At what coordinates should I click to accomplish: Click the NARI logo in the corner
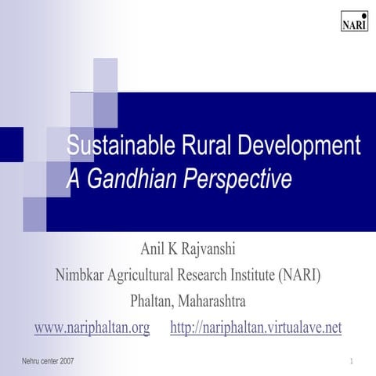[354, 21]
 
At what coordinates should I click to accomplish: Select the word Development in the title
[288, 146]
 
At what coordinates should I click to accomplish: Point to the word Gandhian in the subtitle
[131, 179]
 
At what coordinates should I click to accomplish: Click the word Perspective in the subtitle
[238, 179]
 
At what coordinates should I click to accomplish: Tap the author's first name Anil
[154, 250]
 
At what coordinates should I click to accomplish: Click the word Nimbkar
[84, 276]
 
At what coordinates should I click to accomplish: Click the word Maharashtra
[212, 302]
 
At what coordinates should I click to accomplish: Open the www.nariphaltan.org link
[92, 327]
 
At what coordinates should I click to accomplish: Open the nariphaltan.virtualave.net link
[256, 327]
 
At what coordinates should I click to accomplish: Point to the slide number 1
[353, 361]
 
